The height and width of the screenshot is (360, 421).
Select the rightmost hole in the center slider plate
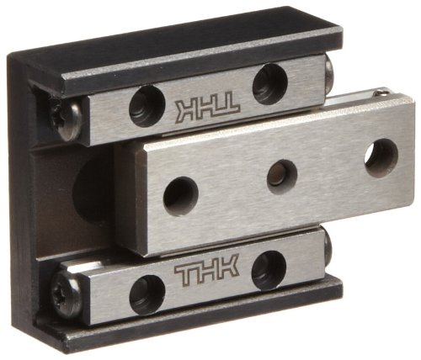[381, 156]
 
